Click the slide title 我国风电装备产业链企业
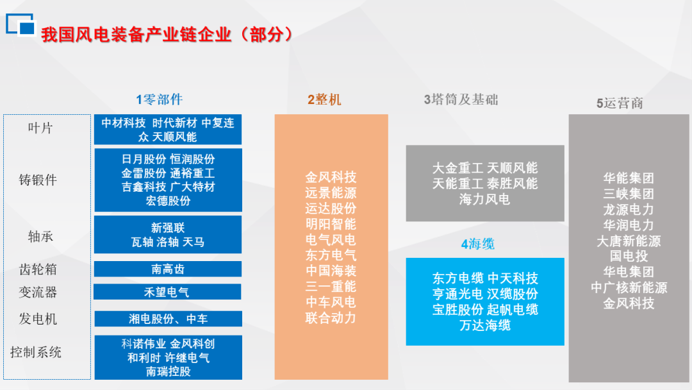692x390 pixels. click(136, 35)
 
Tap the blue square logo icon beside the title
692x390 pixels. click(21, 24)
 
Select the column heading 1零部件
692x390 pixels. click(160, 99)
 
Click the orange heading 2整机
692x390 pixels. click(324, 99)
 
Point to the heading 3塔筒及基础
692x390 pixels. click(461, 99)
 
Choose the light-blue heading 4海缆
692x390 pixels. click(477, 244)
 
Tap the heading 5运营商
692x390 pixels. click(620, 103)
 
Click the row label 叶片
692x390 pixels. click(40, 128)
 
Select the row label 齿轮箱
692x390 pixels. click(38, 269)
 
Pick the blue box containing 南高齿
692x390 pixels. click(168, 269)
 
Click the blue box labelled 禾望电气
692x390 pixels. click(167, 292)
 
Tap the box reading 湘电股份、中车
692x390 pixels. click(168, 319)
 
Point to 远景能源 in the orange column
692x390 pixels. click(331, 192)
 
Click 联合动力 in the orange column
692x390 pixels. click(331, 318)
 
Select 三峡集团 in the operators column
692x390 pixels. click(629, 194)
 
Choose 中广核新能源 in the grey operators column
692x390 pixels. click(629, 287)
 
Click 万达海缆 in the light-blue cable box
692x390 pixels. click(485, 325)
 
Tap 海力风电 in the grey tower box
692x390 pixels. click(484, 199)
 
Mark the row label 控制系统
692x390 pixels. click(36, 352)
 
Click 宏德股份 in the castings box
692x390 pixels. click(168, 201)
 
